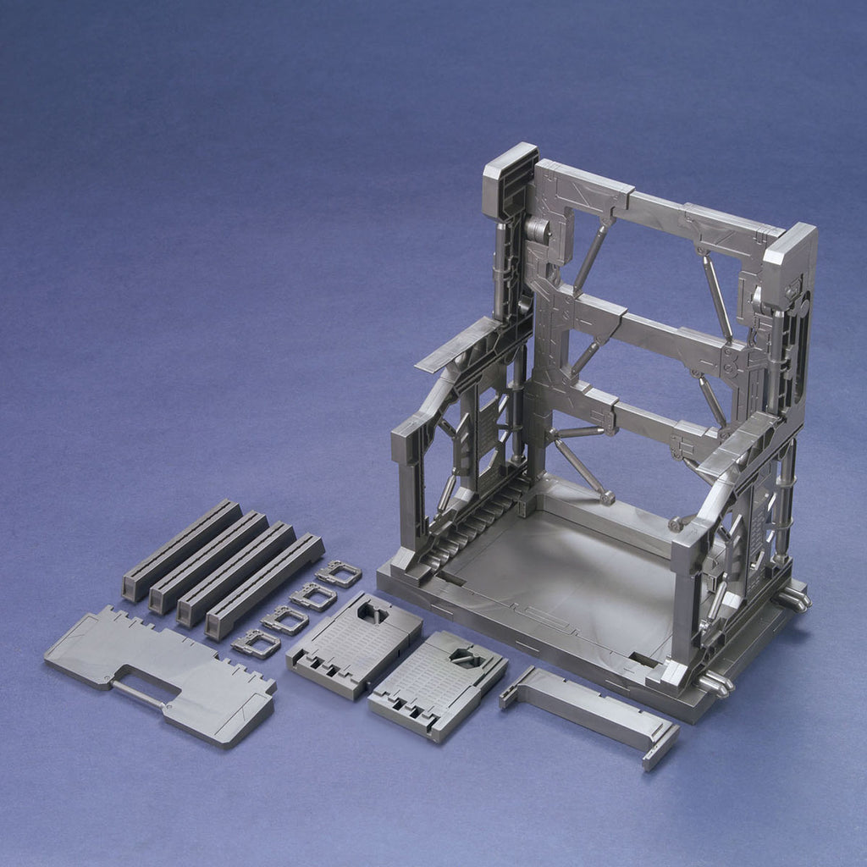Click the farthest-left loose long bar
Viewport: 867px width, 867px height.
tap(181, 549)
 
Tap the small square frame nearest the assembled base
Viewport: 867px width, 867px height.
tap(339, 573)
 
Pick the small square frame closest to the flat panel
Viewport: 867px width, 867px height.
tap(256, 644)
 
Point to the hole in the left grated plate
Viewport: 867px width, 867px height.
tap(373, 613)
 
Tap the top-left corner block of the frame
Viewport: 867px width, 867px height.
tap(509, 180)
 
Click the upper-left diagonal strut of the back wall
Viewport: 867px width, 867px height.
tap(590, 255)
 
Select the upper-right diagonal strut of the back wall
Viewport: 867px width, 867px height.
tap(717, 296)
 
